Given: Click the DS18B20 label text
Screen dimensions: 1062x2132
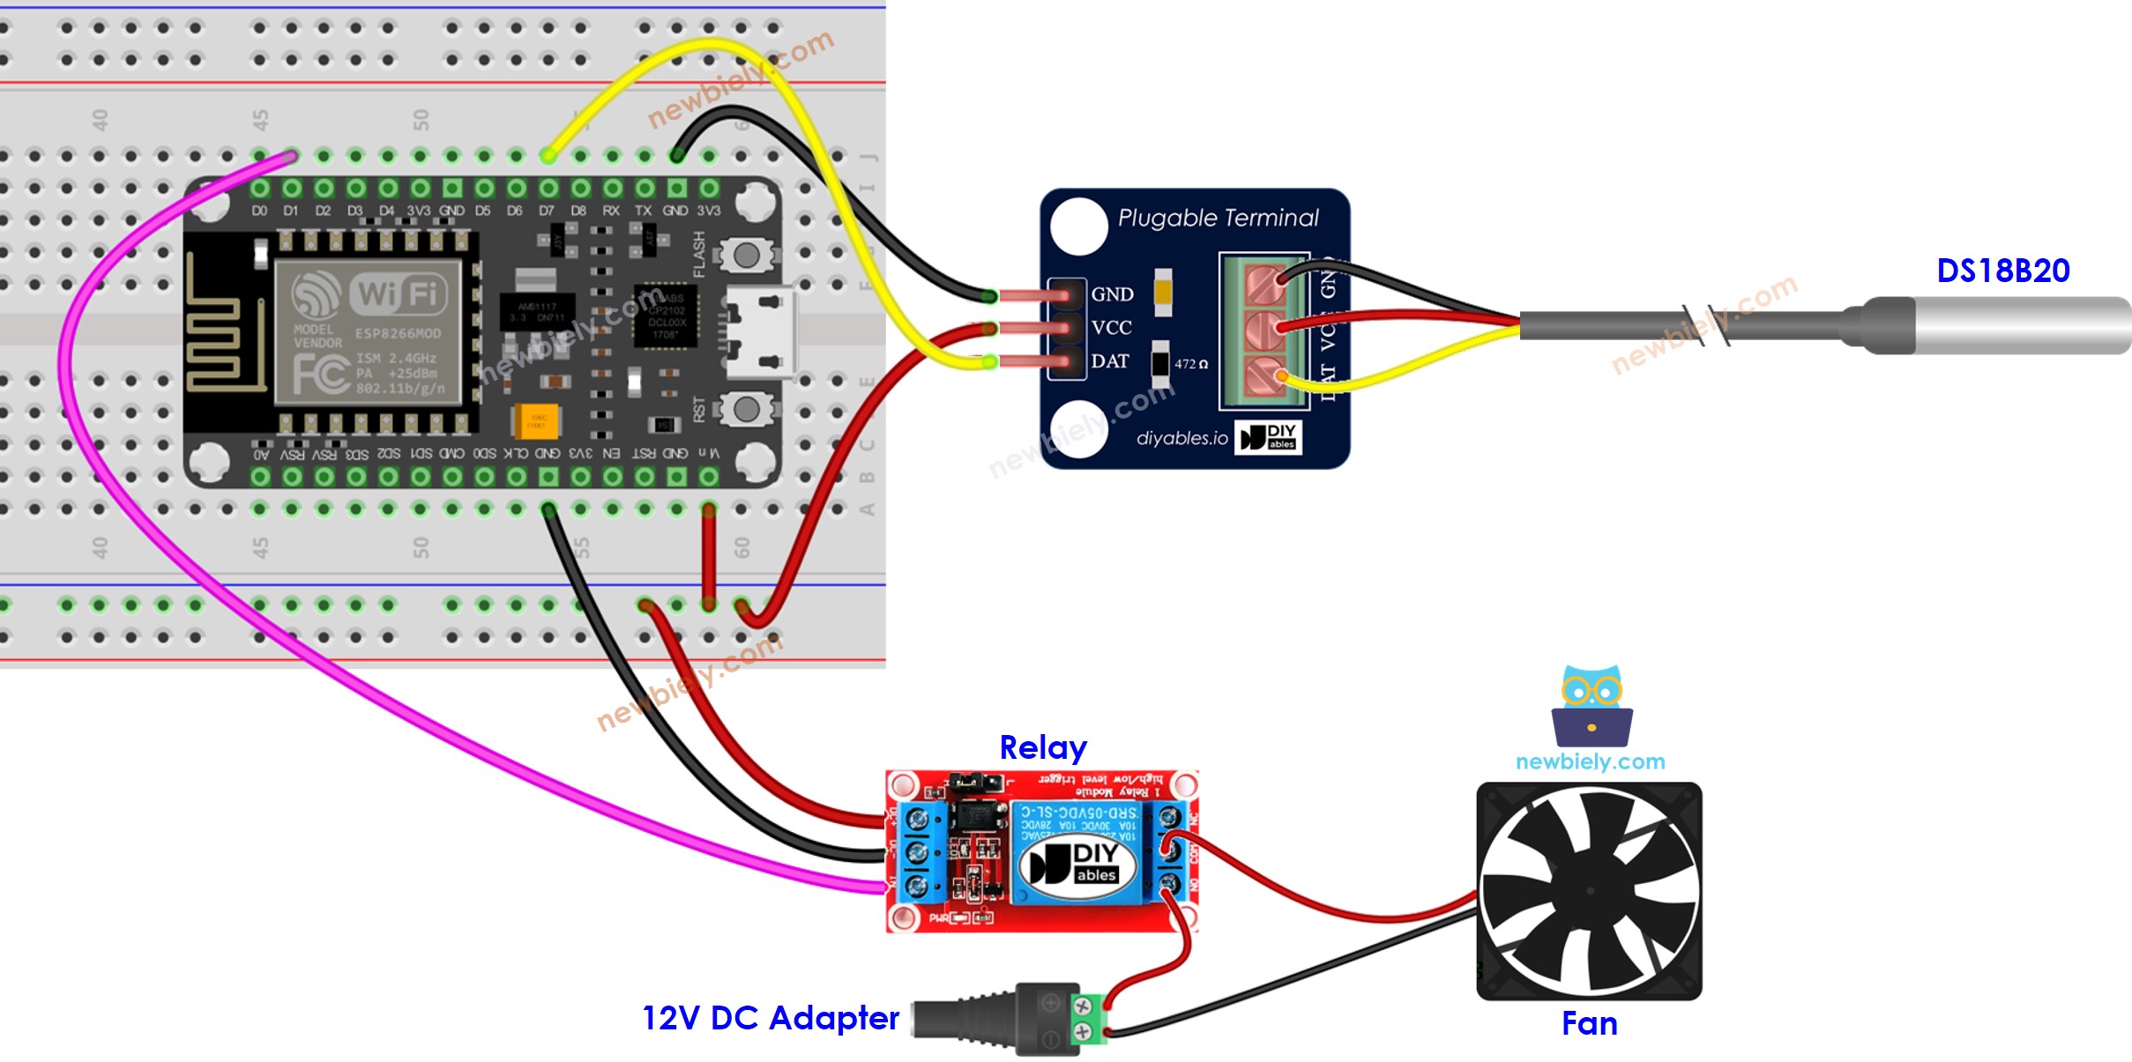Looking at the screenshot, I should pyautogui.click(x=2002, y=271).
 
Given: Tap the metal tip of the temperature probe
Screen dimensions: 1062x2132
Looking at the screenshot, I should pyautogui.click(x=2019, y=326).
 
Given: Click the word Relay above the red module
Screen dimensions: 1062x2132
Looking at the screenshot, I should pyautogui.click(x=1042, y=747).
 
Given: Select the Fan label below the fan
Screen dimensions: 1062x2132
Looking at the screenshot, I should pyautogui.click(x=1589, y=1023).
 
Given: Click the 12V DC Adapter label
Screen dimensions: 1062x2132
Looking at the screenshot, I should pyautogui.click(x=770, y=1018).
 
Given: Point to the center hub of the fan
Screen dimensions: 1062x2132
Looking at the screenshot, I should pyautogui.click(x=1590, y=890).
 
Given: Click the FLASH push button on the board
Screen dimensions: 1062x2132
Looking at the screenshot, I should pyautogui.click(x=746, y=256).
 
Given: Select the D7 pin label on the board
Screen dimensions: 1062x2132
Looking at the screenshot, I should pyautogui.click(x=547, y=211).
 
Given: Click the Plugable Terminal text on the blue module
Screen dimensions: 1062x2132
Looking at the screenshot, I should pyautogui.click(x=1218, y=218).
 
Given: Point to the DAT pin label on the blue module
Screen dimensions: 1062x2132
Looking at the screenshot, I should pyautogui.click(x=1109, y=361).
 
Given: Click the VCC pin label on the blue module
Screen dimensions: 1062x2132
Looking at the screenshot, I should pyautogui.click(x=1111, y=328).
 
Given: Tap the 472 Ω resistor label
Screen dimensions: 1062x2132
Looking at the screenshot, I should pyautogui.click(x=1190, y=364).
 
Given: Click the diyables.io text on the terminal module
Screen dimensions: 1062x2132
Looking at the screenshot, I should pyautogui.click(x=1182, y=438).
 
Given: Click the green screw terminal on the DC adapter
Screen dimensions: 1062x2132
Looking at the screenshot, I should pyautogui.click(x=1089, y=1018).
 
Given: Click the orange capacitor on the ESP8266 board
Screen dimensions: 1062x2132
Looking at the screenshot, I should pyautogui.click(x=534, y=420).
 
